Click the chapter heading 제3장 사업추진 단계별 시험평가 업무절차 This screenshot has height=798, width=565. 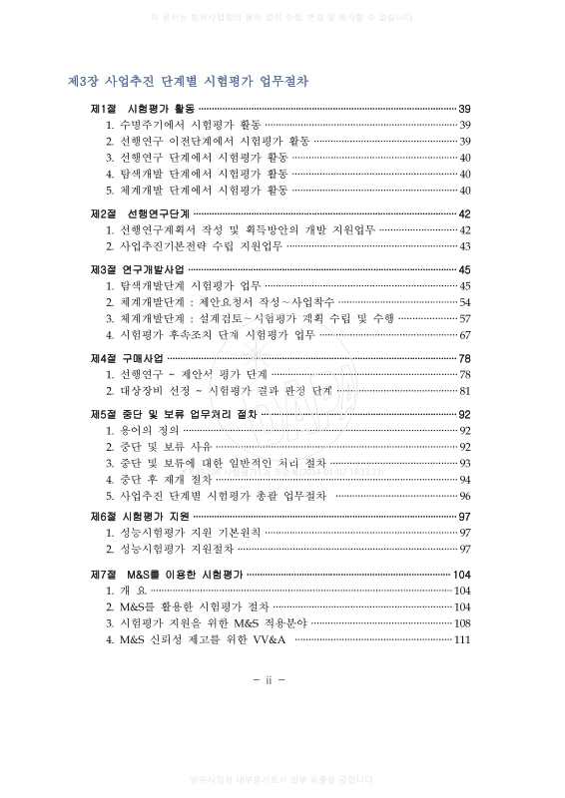(187, 81)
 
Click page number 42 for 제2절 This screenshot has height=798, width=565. (464, 213)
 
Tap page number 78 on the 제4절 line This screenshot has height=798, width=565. (464, 358)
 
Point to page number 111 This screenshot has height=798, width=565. (461, 639)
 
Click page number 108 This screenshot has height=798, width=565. (461, 623)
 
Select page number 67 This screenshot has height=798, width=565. (465, 334)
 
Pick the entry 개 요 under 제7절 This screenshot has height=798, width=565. (133, 591)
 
